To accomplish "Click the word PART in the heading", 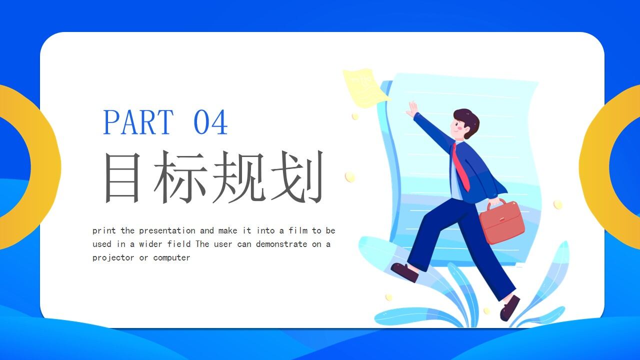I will [138, 122].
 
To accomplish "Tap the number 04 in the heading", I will [210, 122].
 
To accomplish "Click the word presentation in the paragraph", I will [167, 230].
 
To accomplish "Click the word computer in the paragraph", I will [171, 258].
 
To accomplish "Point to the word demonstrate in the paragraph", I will [281, 244].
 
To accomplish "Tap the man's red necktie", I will [460, 168].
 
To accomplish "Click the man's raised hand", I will [412, 109].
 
